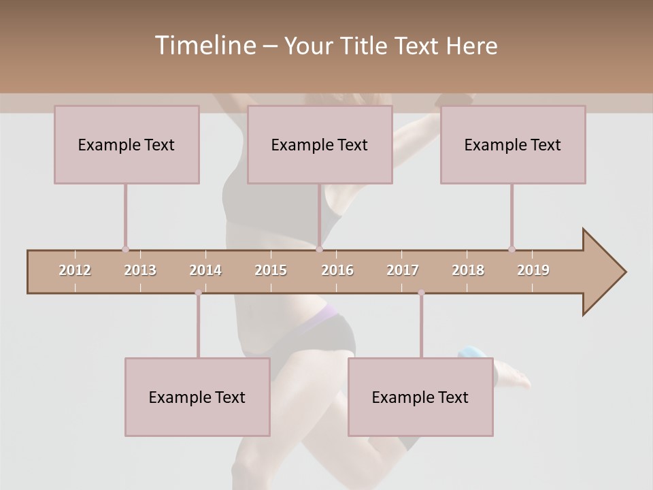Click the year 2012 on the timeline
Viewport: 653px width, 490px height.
click(75, 270)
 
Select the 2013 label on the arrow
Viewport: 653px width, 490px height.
click(140, 270)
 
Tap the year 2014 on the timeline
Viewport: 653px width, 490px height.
click(205, 270)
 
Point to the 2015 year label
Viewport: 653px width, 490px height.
click(271, 270)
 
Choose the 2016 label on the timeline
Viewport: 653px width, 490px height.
click(337, 270)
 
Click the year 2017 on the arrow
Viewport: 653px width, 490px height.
click(403, 270)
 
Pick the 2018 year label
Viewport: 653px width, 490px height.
click(468, 270)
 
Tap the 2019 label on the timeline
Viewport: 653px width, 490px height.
click(533, 270)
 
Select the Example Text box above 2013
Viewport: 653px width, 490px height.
click(127, 144)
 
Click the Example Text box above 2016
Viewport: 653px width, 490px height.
click(320, 144)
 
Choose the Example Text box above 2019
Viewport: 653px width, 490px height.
click(513, 144)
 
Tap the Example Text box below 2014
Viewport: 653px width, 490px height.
click(197, 397)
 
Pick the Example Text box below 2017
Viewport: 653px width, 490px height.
click(420, 397)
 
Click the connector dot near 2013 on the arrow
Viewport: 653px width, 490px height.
click(125, 249)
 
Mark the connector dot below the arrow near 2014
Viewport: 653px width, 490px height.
click(198, 293)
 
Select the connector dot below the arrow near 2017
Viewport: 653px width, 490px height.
click(421, 293)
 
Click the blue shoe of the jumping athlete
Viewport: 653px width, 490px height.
click(472, 353)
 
